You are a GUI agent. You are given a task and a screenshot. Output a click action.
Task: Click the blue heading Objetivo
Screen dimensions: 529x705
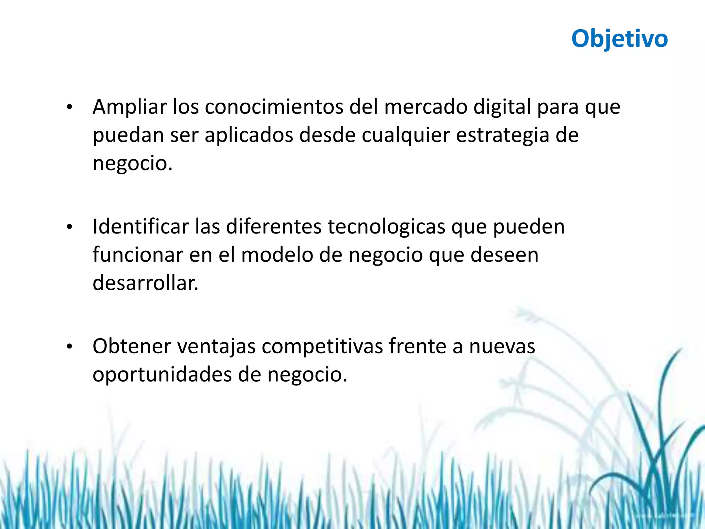(619, 39)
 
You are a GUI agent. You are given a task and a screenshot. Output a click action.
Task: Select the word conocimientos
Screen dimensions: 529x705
(274, 107)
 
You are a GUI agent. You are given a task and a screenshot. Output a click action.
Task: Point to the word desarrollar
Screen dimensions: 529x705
(145, 283)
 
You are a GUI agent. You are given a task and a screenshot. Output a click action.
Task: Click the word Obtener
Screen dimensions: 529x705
(132, 346)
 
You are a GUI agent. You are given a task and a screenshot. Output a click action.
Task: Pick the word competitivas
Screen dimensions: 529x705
(322, 346)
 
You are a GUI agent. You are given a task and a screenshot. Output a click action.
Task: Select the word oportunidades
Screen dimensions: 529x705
(162, 375)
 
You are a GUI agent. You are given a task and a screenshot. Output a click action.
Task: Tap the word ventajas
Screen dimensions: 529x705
(217, 346)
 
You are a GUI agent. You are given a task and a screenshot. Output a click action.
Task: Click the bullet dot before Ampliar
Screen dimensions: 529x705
(70, 107)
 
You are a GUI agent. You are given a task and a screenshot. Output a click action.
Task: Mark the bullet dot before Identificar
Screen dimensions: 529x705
(70, 227)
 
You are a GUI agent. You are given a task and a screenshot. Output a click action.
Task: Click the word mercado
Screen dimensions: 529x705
(426, 107)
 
